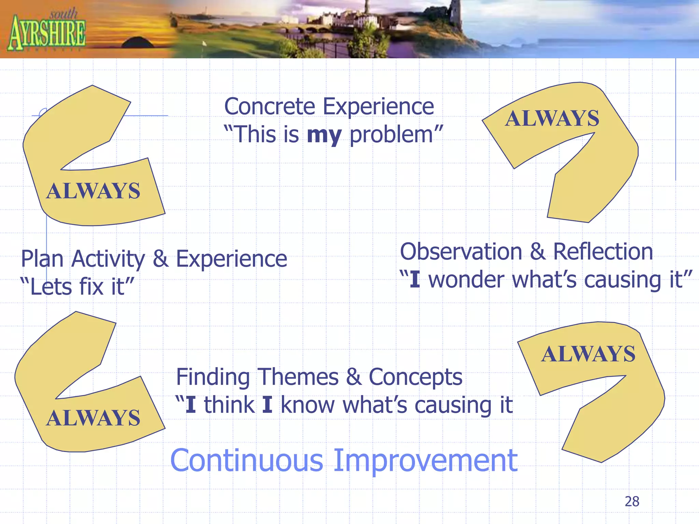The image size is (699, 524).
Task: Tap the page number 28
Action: click(632, 501)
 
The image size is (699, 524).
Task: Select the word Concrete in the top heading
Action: click(270, 106)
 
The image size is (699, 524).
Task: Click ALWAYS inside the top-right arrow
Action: click(552, 119)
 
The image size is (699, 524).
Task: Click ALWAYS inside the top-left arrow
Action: click(93, 191)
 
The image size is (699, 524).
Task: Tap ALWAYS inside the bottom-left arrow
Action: click(93, 418)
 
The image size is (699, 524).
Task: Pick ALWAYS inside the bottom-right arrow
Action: click(588, 354)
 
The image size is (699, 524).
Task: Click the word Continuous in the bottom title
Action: click(246, 461)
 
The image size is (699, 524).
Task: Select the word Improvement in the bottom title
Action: click(425, 461)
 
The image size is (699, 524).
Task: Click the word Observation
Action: click(461, 252)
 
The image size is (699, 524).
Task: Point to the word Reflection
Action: click(603, 252)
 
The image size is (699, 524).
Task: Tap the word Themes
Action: click(298, 377)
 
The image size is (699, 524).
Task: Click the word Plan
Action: click(42, 259)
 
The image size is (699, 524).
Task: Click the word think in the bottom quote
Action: click(229, 405)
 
